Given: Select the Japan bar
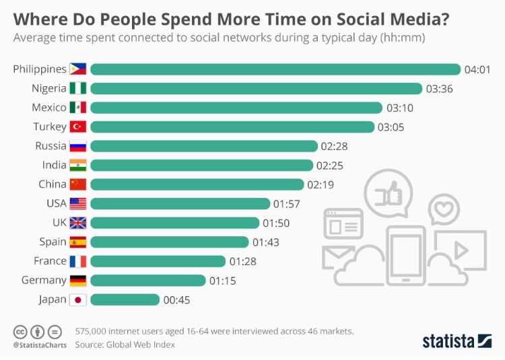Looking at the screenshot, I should coord(125,299).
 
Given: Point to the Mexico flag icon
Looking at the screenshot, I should coord(78,108).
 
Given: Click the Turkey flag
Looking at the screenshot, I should coord(78,127).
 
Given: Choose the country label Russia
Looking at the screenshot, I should coord(51,146).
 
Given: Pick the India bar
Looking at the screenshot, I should coord(201,165).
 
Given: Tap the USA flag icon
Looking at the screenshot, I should coord(78,203).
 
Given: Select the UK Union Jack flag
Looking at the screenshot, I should coord(78,223).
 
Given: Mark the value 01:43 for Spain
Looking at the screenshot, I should coord(265,242).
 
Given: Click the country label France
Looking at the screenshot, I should coord(50,261).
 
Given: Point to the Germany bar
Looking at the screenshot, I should coord(147,281).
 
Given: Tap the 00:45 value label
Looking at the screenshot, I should coord(177,300).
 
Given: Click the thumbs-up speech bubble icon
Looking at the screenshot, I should coord(391,193).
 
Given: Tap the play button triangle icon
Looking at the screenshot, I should coord(461,250).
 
